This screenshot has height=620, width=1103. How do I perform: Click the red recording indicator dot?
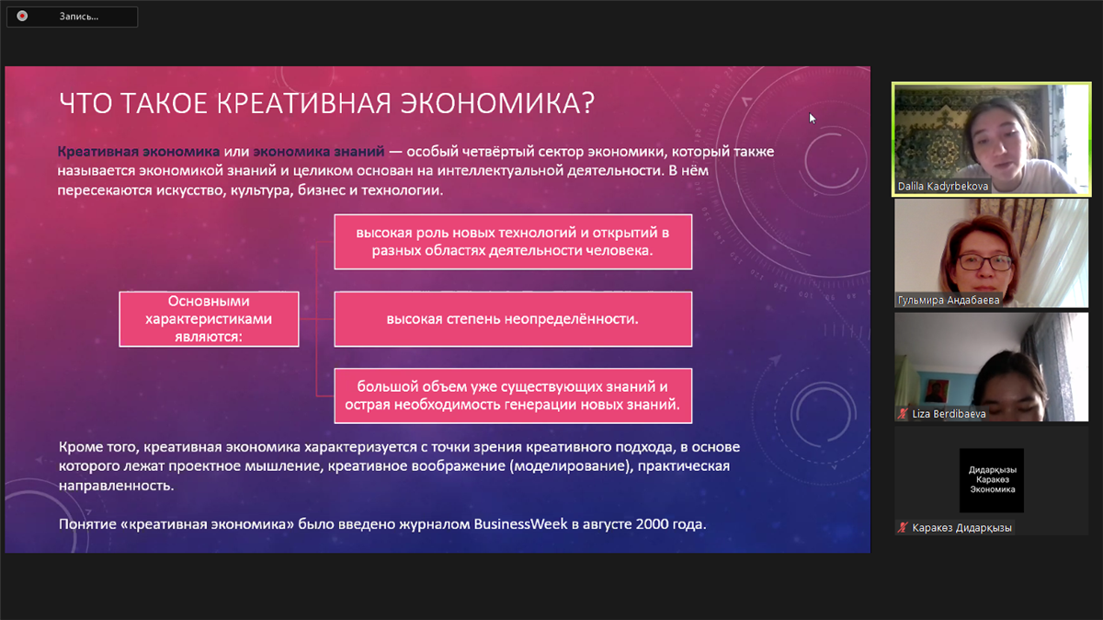tap(22, 17)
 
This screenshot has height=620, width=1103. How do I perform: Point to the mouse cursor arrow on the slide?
tap(812, 119)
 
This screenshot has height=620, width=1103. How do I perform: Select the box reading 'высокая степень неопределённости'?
tap(513, 319)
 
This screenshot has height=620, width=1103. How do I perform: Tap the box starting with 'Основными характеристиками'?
tap(209, 319)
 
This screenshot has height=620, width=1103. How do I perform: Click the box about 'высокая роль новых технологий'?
tap(513, 242)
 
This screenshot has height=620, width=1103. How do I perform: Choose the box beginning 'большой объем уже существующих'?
tap(513, 396)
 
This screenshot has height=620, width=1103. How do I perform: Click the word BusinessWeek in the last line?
tap(520, 524)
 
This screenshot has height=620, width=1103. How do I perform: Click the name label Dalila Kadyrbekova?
tap(942, 187)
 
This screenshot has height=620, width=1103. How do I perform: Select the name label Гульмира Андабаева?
tap(949, 300)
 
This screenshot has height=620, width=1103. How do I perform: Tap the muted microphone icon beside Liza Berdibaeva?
tap(902, 414)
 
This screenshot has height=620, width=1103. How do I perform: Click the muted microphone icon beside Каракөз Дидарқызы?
tap(902, 528)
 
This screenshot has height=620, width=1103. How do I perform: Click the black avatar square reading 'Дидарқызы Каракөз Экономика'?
tap(992, 480)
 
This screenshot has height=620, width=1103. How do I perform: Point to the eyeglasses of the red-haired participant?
tap(984, 263)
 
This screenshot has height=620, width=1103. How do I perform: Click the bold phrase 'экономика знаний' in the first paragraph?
tap(319, 151)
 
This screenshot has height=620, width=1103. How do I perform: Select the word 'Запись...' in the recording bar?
tap(79, 17)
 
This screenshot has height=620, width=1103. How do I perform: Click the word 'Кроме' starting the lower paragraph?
tap(79, 447)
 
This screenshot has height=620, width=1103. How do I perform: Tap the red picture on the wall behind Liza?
tap(936, 391)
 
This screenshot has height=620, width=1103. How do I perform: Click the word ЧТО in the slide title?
tap(85, 104)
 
